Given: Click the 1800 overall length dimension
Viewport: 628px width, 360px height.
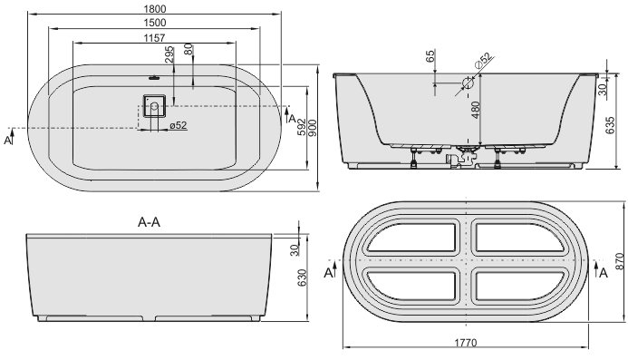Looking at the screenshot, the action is [x=154, y=8].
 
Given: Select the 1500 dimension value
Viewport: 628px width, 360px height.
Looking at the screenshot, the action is [x=154, y=23].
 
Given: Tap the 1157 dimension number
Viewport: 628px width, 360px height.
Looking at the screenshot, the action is [x=154, y=38].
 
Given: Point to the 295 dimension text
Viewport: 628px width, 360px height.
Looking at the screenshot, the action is [x=169, y=54].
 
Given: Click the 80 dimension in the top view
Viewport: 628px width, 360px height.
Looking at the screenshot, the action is [x=188, y=49].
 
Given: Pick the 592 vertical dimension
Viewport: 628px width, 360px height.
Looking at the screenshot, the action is [x=302, y=128].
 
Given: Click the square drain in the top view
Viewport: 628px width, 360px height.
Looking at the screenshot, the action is [x=154, y=106].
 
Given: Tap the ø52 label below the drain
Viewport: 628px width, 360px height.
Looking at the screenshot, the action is [x=179, y=125].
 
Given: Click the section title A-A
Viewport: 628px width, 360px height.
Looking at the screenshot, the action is [x=149, y=222].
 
